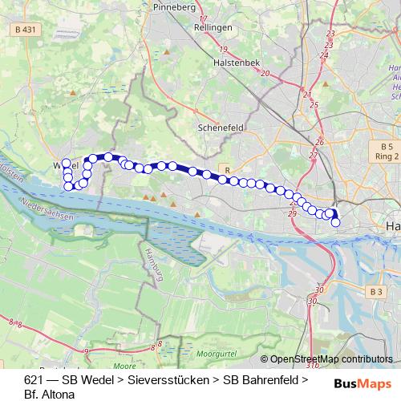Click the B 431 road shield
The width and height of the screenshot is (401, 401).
(25, 30)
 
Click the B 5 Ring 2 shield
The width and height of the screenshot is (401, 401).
(387, 152)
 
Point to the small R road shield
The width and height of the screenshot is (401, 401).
(228, 170)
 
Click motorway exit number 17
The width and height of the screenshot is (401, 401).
(203, 18)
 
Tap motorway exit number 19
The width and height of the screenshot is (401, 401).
(222, 49)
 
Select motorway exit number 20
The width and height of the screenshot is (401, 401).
(265, 73)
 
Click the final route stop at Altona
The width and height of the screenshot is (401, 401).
(336, 222)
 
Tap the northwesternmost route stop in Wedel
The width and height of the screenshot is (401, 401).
(67, 164)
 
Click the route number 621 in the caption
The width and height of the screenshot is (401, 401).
(34, 379)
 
